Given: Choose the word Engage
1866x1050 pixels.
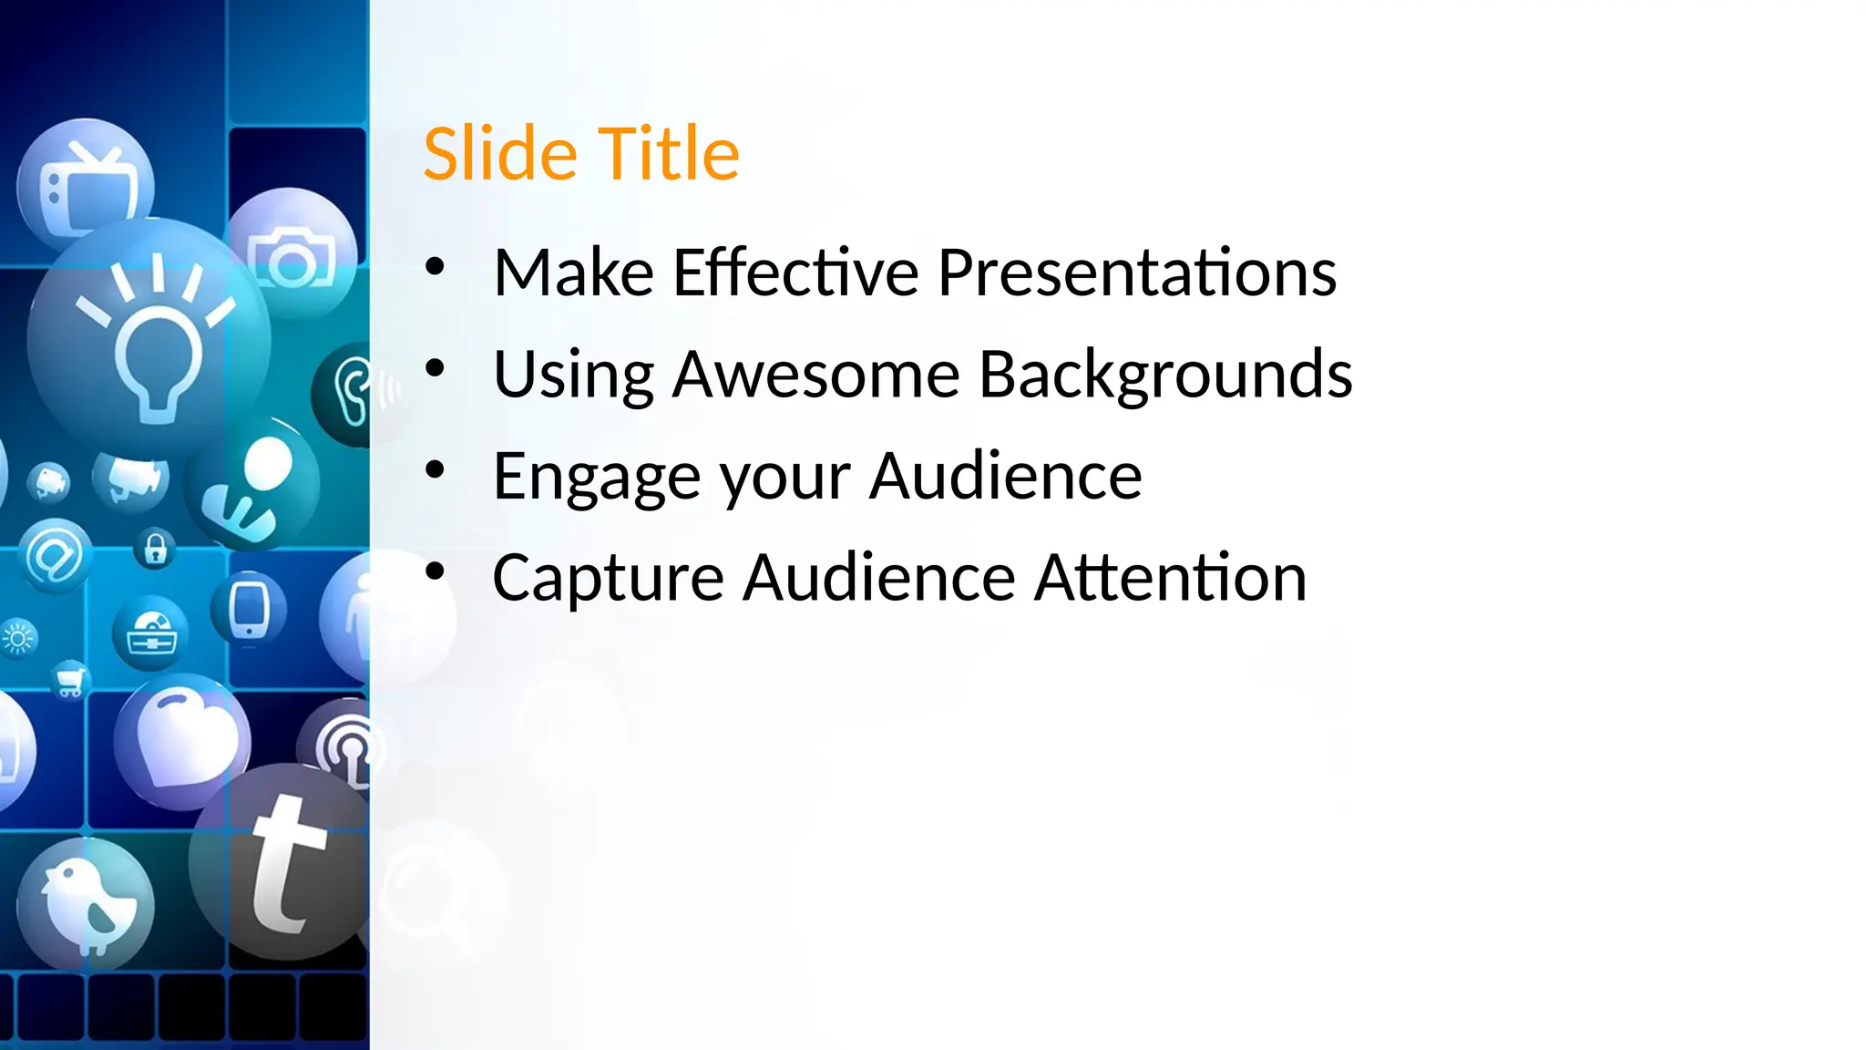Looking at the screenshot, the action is pos(597,477).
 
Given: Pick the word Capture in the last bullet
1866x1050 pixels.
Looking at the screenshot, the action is pos(608,578).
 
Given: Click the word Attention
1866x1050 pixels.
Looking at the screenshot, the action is pos(1171,578).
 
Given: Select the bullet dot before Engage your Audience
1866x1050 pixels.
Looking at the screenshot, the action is pos(435,471).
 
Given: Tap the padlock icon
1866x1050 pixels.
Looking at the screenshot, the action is pos(156,549).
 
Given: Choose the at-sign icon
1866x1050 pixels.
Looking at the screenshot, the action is pos(55,556).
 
